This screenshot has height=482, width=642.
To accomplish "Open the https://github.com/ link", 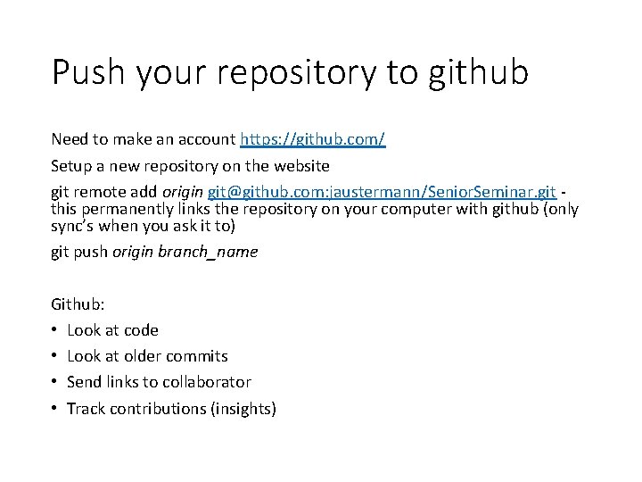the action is coord(312,140).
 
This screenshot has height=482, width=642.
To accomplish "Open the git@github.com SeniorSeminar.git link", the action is coord(382,192).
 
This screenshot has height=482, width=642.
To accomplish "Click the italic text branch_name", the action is coord(208,252).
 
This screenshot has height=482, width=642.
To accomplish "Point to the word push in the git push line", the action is coord(92,252).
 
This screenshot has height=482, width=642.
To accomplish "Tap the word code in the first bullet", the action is coord(140,330).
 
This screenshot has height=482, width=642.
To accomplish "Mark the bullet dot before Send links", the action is coord(55,382).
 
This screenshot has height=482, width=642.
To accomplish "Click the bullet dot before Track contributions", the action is coord(55,409).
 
